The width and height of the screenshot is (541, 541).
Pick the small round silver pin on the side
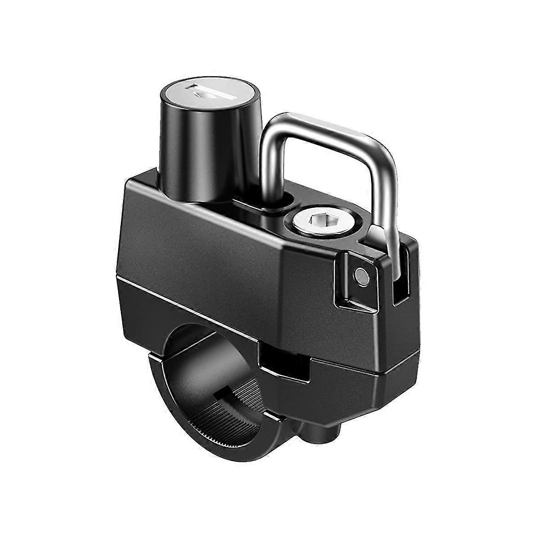pyautogui.click(x=361, y=275)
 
